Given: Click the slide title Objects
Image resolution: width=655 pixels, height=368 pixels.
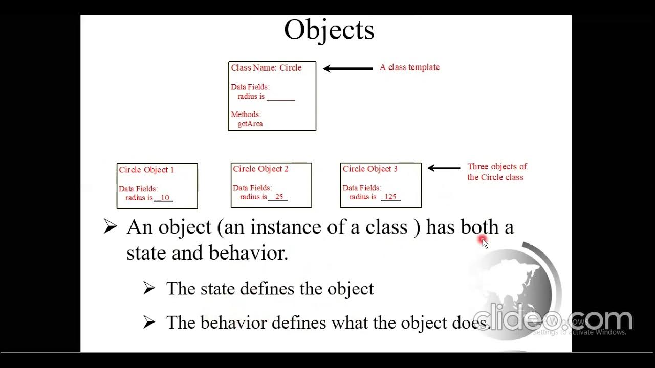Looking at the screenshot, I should coord(329,30).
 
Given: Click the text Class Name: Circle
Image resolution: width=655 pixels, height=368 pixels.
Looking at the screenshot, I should coord(266,67).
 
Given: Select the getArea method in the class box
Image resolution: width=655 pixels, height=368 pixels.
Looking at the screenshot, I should coord(250,124).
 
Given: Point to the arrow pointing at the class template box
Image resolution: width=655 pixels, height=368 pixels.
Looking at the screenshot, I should coord(348,68).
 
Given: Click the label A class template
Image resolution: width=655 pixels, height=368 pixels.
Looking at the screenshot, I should coord(409,67).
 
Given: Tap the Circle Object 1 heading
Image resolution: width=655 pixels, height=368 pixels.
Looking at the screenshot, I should coord(146,170).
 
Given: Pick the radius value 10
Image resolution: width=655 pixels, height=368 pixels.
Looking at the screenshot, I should coord(164,198).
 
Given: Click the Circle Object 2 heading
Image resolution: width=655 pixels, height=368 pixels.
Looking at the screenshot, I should coord(260,169).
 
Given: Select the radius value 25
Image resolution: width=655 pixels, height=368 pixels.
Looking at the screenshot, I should coord(279,197).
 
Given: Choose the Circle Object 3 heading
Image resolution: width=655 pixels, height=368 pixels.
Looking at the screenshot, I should coord(370,169).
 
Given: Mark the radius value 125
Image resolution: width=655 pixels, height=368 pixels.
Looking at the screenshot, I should coord(390,197).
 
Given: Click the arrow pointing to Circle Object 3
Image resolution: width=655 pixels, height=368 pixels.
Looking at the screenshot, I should coord(444,168).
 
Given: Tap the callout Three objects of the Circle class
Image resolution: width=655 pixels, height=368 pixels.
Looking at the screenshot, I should coord(496,172).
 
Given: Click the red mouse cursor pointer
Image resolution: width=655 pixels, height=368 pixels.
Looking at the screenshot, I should coord(484,242).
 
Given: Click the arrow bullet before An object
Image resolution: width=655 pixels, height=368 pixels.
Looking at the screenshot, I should coord(110,226).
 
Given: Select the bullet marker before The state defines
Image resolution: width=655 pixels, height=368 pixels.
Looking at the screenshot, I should coord(149,289).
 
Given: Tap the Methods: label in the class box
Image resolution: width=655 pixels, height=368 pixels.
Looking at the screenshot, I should coord(246,114).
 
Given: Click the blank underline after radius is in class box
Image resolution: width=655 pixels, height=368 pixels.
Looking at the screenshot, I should coord(280,97).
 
